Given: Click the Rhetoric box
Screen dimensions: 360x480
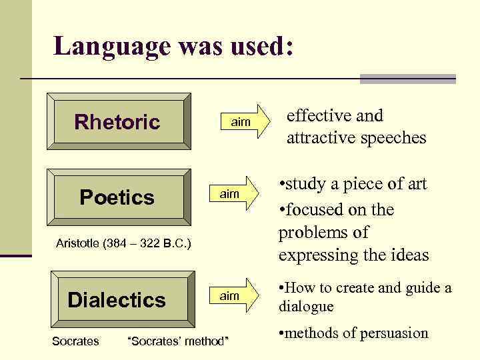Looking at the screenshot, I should click(118, 122).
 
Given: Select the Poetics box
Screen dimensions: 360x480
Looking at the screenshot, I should click(118, 197).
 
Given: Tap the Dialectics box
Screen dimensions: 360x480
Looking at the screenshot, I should click(118, 299).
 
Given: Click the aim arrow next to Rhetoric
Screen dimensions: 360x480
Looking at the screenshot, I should click(243, 123).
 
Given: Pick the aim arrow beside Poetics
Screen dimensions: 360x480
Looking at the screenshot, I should click(233, 193).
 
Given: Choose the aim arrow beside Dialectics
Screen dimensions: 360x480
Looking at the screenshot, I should click(233, 295).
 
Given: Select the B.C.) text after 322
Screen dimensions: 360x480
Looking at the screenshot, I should click(175, 244).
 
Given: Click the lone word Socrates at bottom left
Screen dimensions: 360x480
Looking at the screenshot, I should click(75, 341).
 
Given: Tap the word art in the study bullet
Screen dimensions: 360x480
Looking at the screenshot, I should click(414, 184).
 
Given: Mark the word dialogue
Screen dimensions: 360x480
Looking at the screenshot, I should click(306, 307).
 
